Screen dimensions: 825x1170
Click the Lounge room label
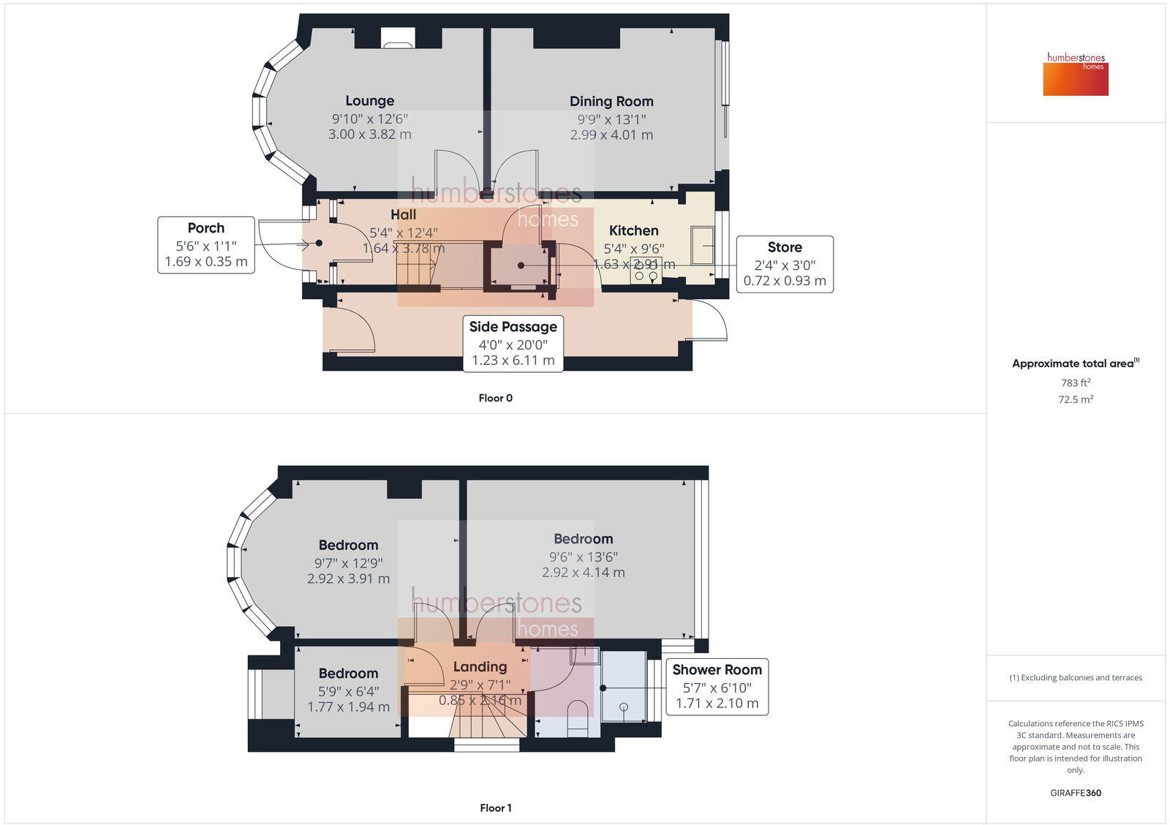[369, 101]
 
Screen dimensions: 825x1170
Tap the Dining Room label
[611, 102]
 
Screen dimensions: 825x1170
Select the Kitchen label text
[633, 230]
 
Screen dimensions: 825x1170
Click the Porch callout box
[206, 245]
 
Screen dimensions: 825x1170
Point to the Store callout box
[785, 264]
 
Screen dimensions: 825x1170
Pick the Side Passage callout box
[513, 344]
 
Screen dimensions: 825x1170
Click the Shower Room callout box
[717, 686]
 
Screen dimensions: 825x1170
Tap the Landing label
[480, 666]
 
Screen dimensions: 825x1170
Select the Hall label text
[403, 214]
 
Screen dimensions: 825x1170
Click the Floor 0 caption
[496, 398]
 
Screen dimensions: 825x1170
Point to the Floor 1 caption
[496, 807]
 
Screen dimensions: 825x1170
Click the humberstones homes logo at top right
[1076, 74]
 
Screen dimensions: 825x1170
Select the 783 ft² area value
[1076, 383]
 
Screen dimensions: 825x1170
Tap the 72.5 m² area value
[1076, 399]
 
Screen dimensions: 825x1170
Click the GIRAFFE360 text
[1076, 793]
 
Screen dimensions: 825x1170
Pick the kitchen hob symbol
[646, 271]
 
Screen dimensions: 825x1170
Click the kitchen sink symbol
[703, 246]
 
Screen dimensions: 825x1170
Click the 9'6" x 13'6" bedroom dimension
[583, 557]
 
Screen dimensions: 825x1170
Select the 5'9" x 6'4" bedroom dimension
[348, 691]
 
